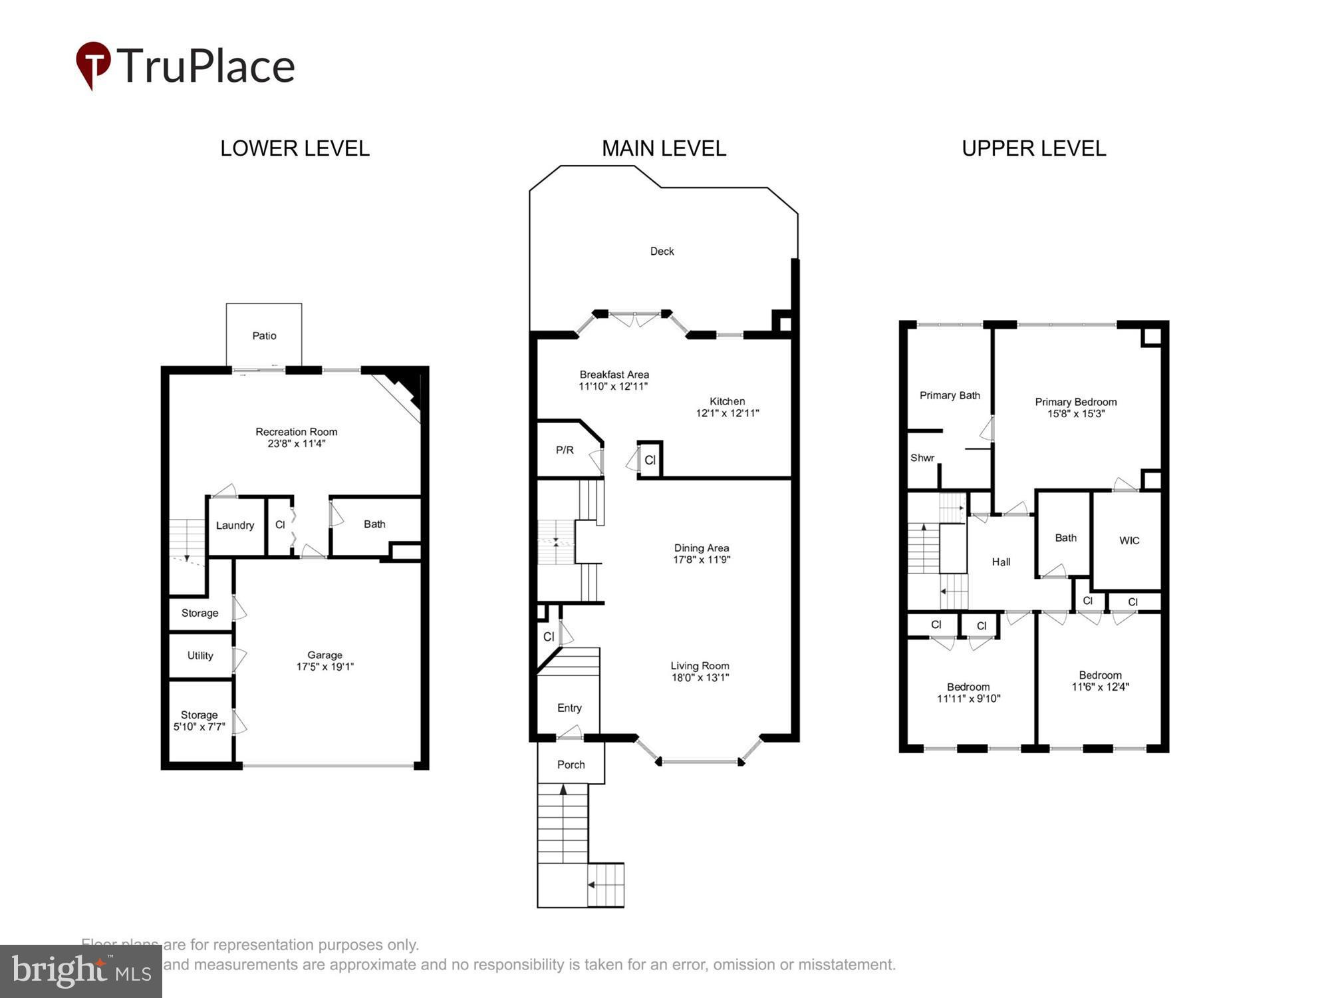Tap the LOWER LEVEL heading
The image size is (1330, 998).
tap(295, 148)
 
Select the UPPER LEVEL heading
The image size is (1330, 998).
tap(1033, 148)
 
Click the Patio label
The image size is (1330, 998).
tap(264, 336)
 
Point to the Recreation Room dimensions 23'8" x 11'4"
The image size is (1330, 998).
tap(296, 444)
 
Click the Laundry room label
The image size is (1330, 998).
tap(235, 526)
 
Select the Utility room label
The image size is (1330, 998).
tap(200, 656)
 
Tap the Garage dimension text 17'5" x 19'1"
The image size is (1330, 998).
tap(325, 667)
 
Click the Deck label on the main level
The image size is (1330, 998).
tap(662, 251)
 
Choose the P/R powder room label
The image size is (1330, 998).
tap(565, 450)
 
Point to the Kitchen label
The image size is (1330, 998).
tap(727, 401)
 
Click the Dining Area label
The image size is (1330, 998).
tap(701, 548)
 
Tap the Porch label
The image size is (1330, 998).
tap(571, 765)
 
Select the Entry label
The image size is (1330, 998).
tap(569, 708)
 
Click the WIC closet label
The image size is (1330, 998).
tap(1129, 541)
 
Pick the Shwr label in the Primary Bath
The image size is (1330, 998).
tap(922, 458)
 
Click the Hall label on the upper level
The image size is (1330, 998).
tap(1001, 562)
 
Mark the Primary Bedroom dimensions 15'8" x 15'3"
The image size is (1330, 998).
tap(1075, 414)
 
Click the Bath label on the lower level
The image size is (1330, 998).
tap(374, 524)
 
